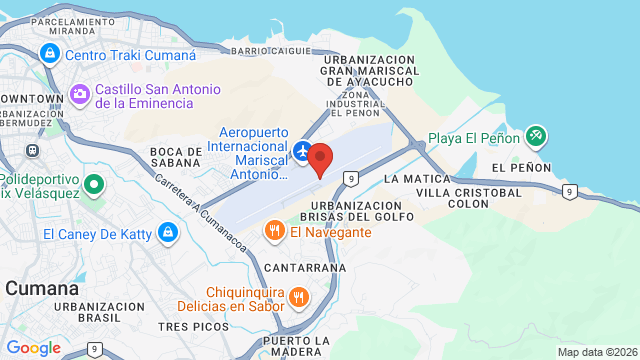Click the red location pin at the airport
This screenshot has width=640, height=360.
click(320, 159)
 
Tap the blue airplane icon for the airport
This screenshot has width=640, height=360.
click(304, 151)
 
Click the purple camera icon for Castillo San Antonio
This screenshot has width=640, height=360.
click(80, 94)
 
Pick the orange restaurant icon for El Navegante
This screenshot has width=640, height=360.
click(274, 232)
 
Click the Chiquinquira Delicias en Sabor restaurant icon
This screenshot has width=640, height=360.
click(298, 296)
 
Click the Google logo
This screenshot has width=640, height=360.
click(33, 347)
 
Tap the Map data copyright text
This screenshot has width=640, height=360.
click(596, 352)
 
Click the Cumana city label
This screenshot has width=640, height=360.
click(42, 288)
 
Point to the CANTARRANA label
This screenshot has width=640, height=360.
click(305, 268)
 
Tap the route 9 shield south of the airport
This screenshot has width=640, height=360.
click(350, 178)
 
